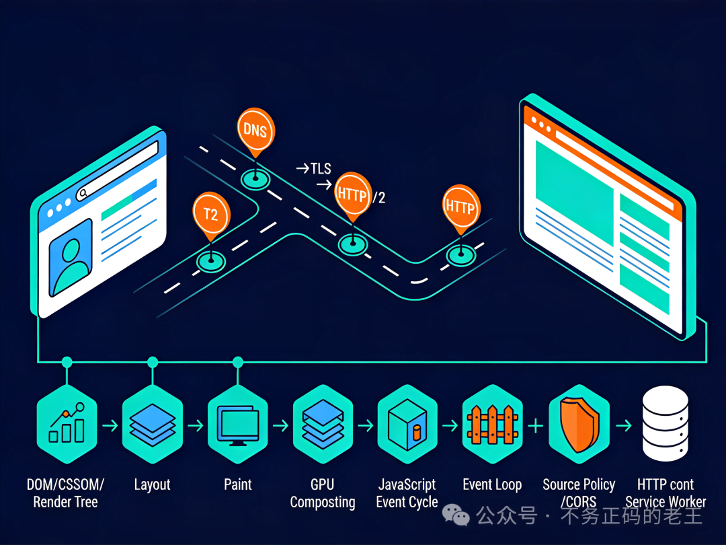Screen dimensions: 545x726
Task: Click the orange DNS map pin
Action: [x=254, y=129]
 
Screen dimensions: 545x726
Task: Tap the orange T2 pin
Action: [x=211, y=214]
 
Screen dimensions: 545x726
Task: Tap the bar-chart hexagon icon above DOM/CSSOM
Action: [x=67, y=425]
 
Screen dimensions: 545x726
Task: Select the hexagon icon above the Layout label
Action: [x=152, y=425]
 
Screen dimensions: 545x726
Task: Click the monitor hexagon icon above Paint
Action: [x=237, y=425]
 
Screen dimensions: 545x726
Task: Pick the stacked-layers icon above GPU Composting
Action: [x=323, y=425]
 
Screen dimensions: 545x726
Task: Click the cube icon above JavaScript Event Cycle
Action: [x=407, y=425]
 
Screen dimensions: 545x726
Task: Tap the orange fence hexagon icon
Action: [x=493, y=425]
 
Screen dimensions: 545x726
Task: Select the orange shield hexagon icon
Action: [x=579, y=425]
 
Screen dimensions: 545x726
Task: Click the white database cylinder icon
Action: [x=665, y=423]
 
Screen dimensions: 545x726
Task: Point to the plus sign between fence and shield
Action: [x=536, y=425]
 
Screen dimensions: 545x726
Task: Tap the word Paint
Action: [x=238, y=484]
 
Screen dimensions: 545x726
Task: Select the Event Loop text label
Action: [x=492, y=484]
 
